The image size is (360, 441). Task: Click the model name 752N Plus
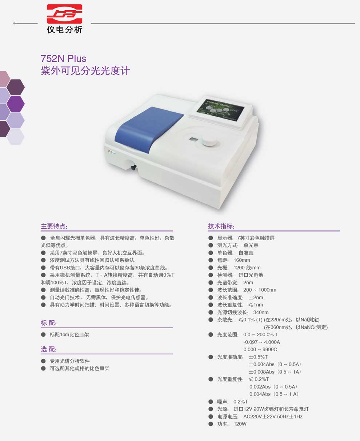coord(64,59)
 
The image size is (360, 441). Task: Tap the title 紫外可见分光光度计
coord(85,71)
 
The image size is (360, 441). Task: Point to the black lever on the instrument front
coord(133,167)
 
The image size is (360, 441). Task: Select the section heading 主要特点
coord(54,226)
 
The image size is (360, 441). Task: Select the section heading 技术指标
coord(221,226)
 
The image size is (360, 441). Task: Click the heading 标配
coord(49,323)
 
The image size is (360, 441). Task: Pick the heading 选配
coord(49,349)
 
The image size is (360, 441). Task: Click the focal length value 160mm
coord(242,260)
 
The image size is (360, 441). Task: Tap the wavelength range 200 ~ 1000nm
coord(260,290)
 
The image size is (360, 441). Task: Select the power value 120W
coord(240,424)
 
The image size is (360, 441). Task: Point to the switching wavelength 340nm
coord(261,313)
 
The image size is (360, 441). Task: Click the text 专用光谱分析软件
coord(70,361)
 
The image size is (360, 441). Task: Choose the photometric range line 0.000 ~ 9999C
coord(260,350)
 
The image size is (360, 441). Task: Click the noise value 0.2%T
coord(240,402)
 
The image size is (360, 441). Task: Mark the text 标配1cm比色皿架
coord(69,334)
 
